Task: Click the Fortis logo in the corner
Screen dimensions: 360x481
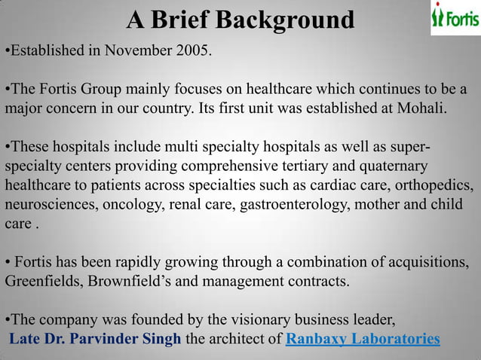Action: pyautogui.click(x=455, y=18)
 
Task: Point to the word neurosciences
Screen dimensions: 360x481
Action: pyautogui.click(x=46, y=204)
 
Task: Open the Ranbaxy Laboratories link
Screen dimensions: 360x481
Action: pyautogui.click(x=363, y=338)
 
